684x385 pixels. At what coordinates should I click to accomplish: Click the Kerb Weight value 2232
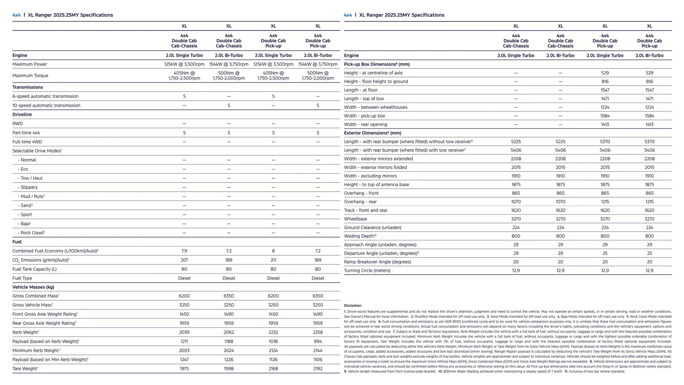(273, 332)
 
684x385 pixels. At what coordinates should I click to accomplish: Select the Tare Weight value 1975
(184, 369)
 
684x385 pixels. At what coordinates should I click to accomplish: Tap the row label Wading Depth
(359, 236)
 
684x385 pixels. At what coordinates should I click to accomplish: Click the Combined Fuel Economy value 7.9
(184, 251)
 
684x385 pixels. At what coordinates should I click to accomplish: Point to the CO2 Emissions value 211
(273, 260)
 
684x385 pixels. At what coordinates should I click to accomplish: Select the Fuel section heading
(17, 242)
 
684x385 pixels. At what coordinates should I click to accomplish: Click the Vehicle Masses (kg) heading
(33, 287)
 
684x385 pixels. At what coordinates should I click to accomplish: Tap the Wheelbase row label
(355, 219)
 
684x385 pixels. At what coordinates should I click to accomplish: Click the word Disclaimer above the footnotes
(353, 306)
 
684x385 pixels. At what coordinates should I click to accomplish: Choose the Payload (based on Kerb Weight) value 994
(318, 342)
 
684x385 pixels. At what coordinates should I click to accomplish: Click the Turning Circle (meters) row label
(367, 271)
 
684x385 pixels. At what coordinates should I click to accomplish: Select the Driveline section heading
(22, 114)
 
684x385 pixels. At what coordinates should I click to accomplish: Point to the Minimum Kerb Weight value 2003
(184, 350)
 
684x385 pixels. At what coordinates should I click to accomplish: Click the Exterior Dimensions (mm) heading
(372, 133)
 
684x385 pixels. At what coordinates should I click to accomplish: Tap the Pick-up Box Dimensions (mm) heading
(377, 64)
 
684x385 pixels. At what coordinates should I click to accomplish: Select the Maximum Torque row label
(30, 76)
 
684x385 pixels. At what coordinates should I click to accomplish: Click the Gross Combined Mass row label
(35, 296)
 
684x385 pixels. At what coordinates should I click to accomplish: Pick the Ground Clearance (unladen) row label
(372, 227)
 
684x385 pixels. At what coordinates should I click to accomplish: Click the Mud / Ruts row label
(32, 196)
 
